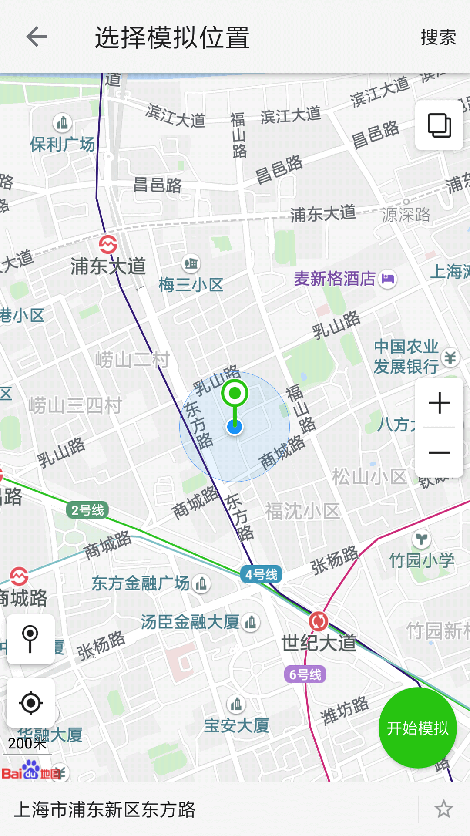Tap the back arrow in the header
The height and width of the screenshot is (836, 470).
coord(37,37)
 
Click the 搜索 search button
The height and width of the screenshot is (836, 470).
coord(438,37)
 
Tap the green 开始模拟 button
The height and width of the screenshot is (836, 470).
coord(417,728)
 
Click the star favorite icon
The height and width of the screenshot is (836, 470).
coord(443,809)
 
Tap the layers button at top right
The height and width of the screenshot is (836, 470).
coord(439,125)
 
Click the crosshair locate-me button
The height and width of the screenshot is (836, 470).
coord(31,702)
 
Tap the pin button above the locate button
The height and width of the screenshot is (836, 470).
coord(30,639)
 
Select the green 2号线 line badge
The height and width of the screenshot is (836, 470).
coord(87,510)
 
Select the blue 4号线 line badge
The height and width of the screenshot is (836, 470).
coord(261,574)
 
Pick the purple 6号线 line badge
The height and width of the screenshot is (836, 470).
coord(305,674)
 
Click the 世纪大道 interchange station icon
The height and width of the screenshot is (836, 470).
coord(319,621)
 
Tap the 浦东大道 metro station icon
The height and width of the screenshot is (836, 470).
coord(108,244)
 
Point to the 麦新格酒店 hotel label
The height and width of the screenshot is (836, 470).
coord(334,279)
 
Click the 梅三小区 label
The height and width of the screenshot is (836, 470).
coord(191,285)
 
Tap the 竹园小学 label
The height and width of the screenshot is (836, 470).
coord(421,560)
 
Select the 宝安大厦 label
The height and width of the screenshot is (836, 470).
coord(236,726)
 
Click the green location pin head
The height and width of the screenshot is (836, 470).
coord(235,393)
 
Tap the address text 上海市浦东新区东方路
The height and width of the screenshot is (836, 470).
coord(104,809)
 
